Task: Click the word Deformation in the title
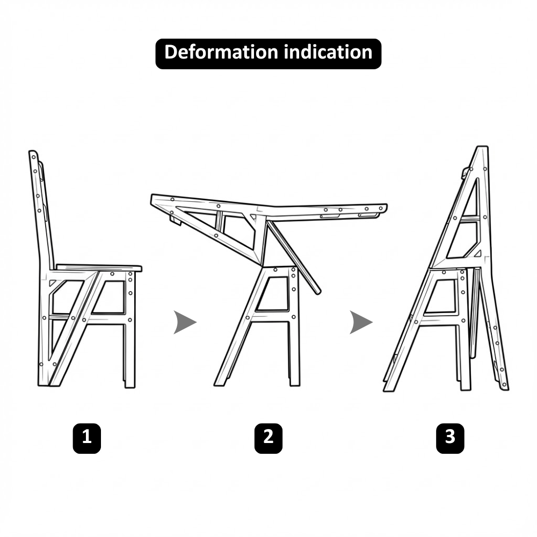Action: pyautogui.click(x=221, y=52)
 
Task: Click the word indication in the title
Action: pyautogui.click(x=328, y=52)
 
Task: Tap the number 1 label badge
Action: pyautogui.click(x=87, y=438)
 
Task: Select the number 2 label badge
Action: pyautogui.click(x=268, y=438)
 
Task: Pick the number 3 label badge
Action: pyautogui.click(x=450, y=438)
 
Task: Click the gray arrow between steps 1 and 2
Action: pyautogui.click(x=185, y=322)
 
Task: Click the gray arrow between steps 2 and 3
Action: pyautogui.click(x=361, y=322)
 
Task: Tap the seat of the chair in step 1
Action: pyautogui.click(x=99, y=267)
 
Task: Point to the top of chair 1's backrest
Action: pyautogui.click(x=33, y=153)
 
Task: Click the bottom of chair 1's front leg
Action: pyautogui.click(x=130, y=386)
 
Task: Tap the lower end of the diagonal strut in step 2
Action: pyautogui.click(x=317, y=292)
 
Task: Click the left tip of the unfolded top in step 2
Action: pyautogui.click(x=152, y=198)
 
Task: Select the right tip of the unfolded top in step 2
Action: pyautogui.click(x=386, y=208)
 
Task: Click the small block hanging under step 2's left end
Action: pyautogui.click(x=176, y=220)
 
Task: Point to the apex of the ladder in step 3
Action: pyautogui.click(x=482, y=148)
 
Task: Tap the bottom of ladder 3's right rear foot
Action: pyautogui.click(x=505, y=388)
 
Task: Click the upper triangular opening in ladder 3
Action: pyautogui.click(x=471, y=198)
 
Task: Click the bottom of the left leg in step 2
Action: pyautogui.click(x=219, y=384)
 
